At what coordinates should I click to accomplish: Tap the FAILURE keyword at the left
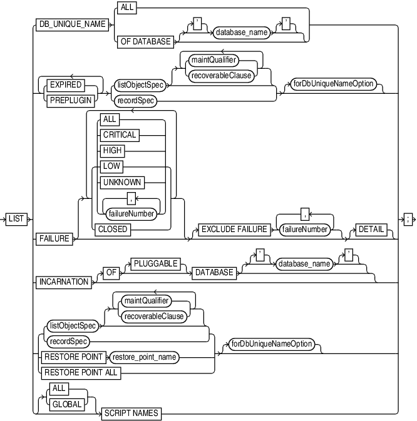click(54, 238)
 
